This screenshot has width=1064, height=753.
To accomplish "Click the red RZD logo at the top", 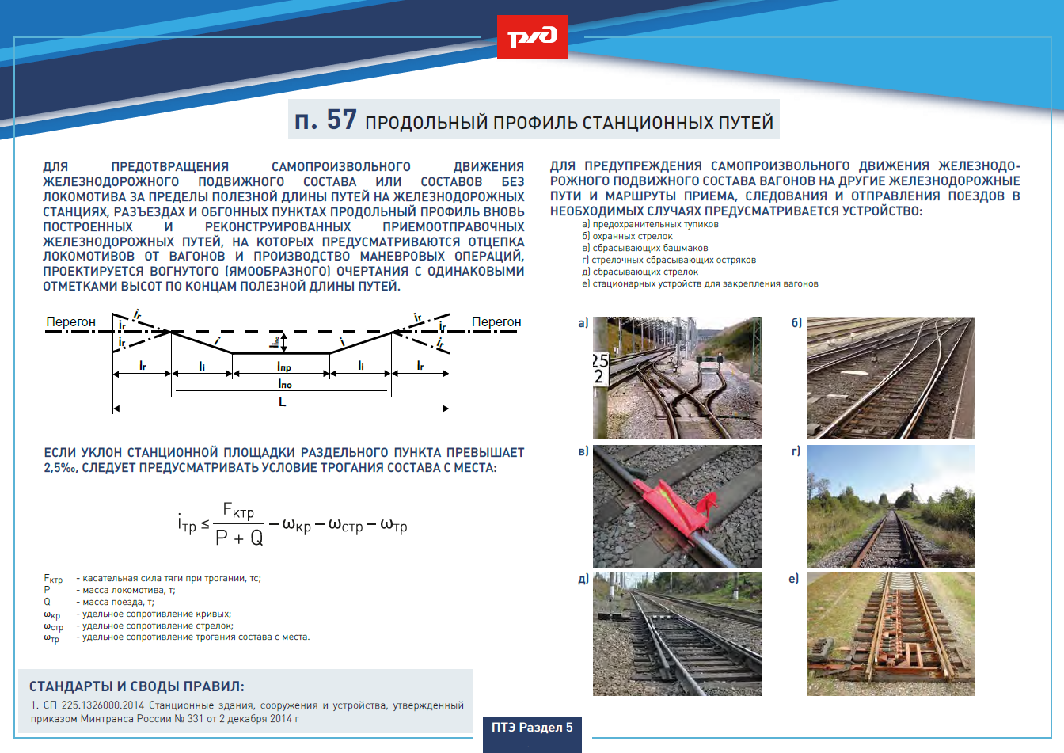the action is click(532, 37).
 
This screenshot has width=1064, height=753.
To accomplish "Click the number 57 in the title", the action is click(341, 120).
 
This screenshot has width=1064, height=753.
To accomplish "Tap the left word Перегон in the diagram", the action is click(70, 321).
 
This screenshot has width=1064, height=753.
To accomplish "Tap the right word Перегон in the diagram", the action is click(496, 321).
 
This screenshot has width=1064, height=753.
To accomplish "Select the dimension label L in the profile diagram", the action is click(282, 402).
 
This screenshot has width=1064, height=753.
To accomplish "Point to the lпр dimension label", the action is click(283, 366).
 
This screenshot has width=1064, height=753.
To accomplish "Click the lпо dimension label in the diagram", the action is click(284, 383).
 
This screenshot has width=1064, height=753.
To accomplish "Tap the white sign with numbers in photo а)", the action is click(600, 369).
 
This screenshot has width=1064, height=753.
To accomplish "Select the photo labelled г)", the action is click(891, 506).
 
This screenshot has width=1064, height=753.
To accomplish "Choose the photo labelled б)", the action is click(890, 378).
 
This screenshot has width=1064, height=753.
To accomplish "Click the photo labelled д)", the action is click(677, 633).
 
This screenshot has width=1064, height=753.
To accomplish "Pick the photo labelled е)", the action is click(891, 633).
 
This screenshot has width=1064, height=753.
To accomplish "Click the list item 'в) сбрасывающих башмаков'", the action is click(644, 248).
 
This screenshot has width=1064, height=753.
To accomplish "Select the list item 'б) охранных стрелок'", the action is click(627, 236).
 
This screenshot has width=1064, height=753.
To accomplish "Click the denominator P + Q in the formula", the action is click(239, 538).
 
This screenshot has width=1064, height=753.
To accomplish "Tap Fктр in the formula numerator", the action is click(238, 512).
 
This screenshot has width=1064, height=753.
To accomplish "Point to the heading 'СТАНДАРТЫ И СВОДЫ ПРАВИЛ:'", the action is click(137, 686).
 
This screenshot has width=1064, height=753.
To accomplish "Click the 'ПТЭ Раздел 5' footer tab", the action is click(532, 728).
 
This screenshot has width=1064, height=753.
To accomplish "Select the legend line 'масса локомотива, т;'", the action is click(126, 590).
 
